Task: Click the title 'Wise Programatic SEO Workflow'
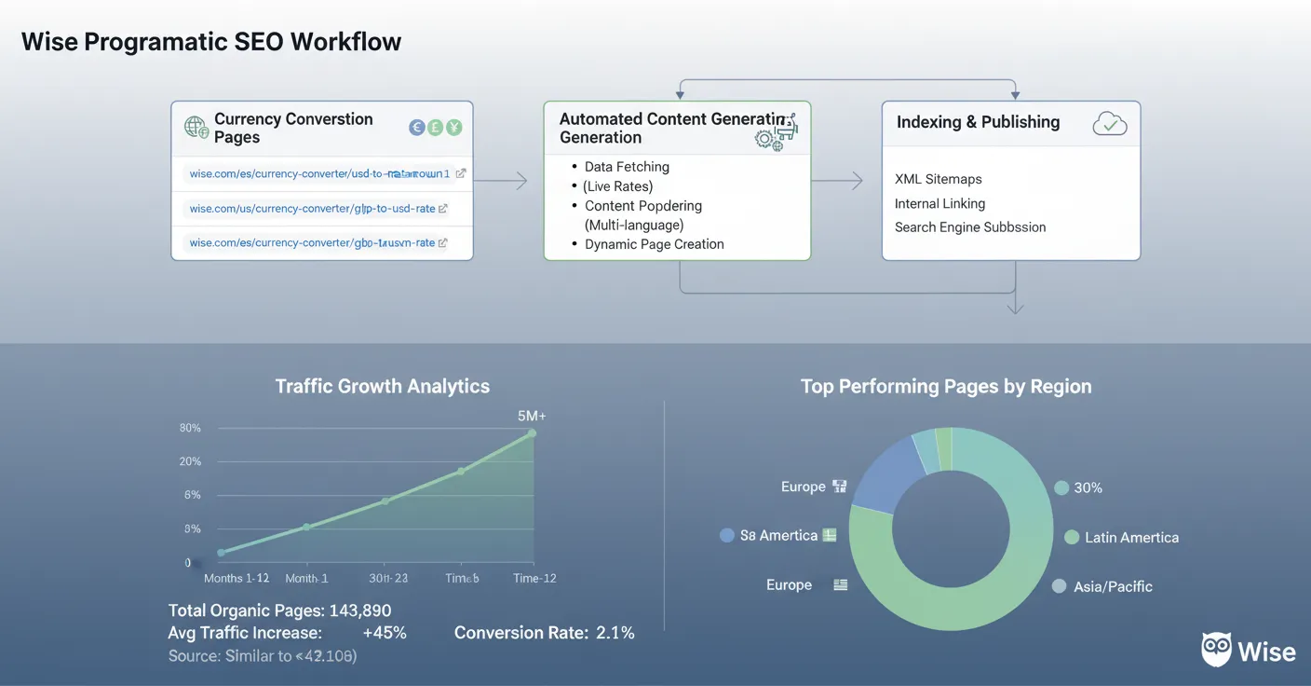tap(211, 42)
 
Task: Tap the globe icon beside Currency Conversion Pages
tap(196, 128)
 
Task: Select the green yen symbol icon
tap(453, 128)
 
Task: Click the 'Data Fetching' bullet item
tap(626, 167)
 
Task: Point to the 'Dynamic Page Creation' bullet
tap(654, 244)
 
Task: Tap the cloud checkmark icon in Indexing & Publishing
tap(1110, 123)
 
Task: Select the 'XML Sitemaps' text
tap(938, 179)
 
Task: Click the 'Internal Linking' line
tap(939, 203)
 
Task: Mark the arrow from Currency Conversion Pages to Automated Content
tap(502, 181)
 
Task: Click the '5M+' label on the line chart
tap(532, 416)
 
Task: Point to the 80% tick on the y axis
tap(190, 428)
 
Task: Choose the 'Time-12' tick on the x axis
tap(534, 578)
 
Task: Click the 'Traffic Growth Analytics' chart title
tap(382, 386)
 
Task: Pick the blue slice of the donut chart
tap(884, 472)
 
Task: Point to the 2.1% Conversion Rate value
tap(615, 633)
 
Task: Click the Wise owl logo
tap(1217, 650)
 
